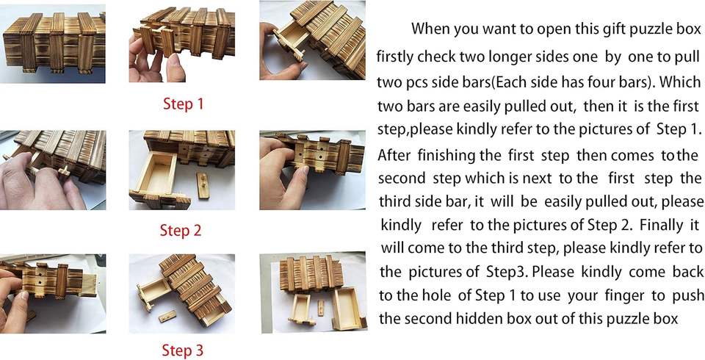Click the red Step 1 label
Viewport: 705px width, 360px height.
point(184,104)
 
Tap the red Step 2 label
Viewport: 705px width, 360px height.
point(181,231)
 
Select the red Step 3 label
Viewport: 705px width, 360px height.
point(182,350)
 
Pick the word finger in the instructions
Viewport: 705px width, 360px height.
point(625,295)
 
